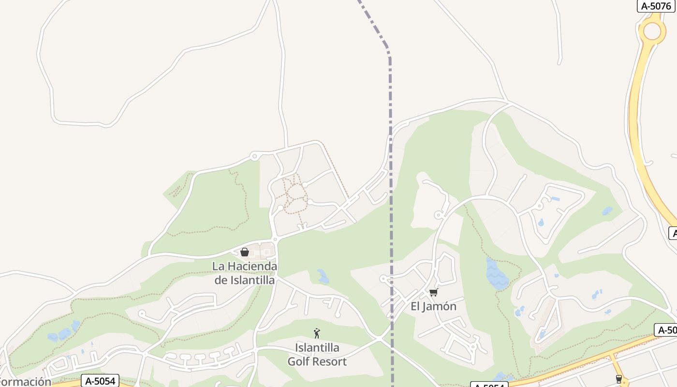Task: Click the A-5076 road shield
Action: pos(656,6)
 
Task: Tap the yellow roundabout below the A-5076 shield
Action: pos(652,31)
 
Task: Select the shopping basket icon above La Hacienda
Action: pos(245,252)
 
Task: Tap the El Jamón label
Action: pos(433,306)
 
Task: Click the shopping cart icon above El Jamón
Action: pos(433,292)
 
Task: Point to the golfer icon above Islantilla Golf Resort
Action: pos(317,333)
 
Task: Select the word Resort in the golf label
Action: pos(331,361)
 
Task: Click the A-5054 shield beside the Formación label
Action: pos(100,381)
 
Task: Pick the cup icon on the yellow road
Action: pos(618,379)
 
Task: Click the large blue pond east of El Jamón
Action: pos(496,275)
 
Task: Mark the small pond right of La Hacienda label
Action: pos(323,276)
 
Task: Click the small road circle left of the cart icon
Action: pos(383,279)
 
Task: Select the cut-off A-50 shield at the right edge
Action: pos(667,330)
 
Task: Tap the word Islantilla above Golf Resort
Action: pos(317,348)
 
